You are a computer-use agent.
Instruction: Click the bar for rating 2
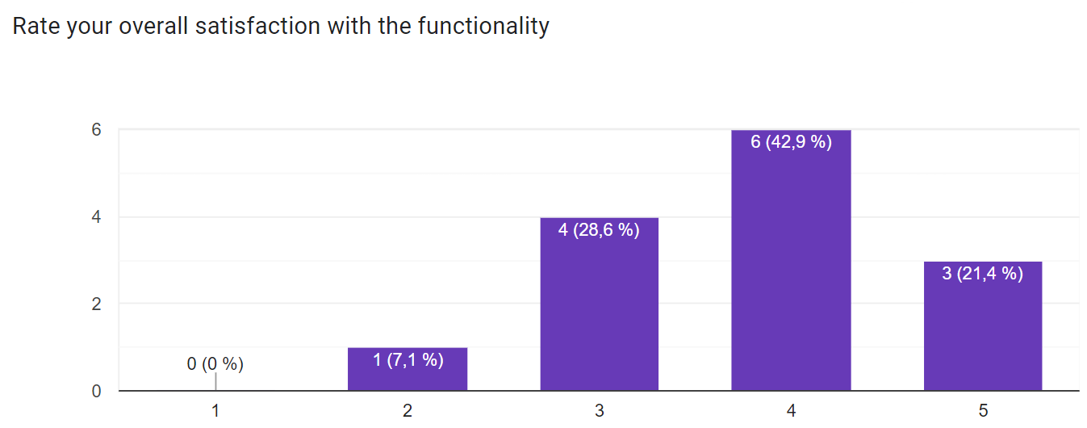click(x=408, y=370)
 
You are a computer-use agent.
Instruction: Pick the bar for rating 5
click(x=982, y=326)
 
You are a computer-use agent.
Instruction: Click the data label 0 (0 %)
click(x=215, y=364)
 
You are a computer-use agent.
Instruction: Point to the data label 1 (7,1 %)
click(x=408, y=360)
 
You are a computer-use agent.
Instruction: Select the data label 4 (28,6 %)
click(x=599, y=230)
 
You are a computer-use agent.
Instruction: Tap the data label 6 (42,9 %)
click(x=791, y=143)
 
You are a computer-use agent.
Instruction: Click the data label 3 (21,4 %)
click(x=982, y=274)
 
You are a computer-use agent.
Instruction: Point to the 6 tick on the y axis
click(x=96, y=130)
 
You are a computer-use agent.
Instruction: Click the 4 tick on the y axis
click(x=96, y=217)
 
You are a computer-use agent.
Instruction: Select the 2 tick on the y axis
click(x=96, y=304)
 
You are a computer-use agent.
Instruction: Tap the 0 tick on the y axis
click(x=96, y=392)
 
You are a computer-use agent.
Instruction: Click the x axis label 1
click(x=215, y=411)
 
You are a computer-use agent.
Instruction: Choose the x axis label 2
click(x=408, y=411)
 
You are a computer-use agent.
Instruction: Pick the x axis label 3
click(x=599, y=411)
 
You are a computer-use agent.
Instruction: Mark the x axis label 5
click(x=982, y=411)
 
